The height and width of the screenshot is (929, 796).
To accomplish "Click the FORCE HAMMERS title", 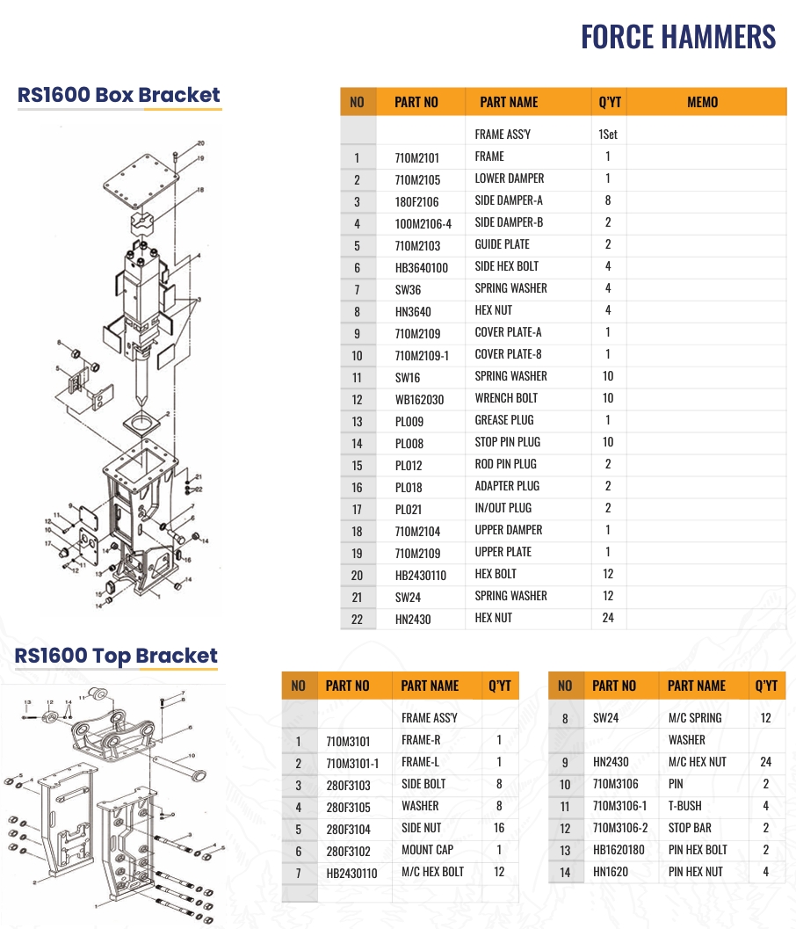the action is pos(678,37).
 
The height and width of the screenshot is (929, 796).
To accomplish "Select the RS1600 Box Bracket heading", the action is pos(119,95).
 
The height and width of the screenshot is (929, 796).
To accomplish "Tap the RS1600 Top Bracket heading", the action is pos(116,656).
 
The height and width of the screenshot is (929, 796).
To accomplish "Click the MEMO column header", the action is pos(702,103).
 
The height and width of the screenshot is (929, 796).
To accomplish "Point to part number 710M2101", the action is pos(417,158).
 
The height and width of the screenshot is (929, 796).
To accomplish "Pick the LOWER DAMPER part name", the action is pos(510,178).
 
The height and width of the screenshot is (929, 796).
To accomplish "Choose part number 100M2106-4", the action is pos(423,224).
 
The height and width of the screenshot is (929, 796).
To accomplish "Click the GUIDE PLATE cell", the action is pos(503,244).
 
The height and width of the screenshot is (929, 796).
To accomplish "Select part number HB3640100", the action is pos(422,268).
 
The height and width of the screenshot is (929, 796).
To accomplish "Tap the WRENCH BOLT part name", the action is pos(506,398).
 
